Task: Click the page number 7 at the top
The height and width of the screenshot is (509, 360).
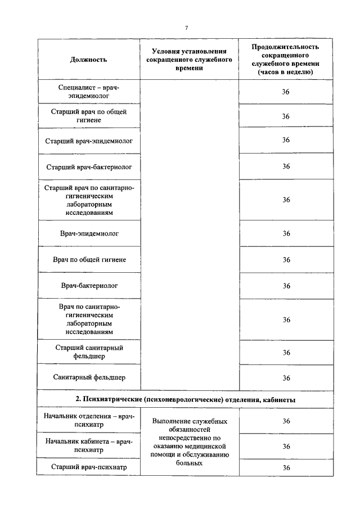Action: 186,28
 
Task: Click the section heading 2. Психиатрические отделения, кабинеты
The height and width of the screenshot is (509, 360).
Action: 186,399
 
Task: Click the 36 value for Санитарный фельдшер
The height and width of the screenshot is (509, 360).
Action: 286,378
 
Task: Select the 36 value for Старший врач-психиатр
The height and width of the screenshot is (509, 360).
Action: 286,467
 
